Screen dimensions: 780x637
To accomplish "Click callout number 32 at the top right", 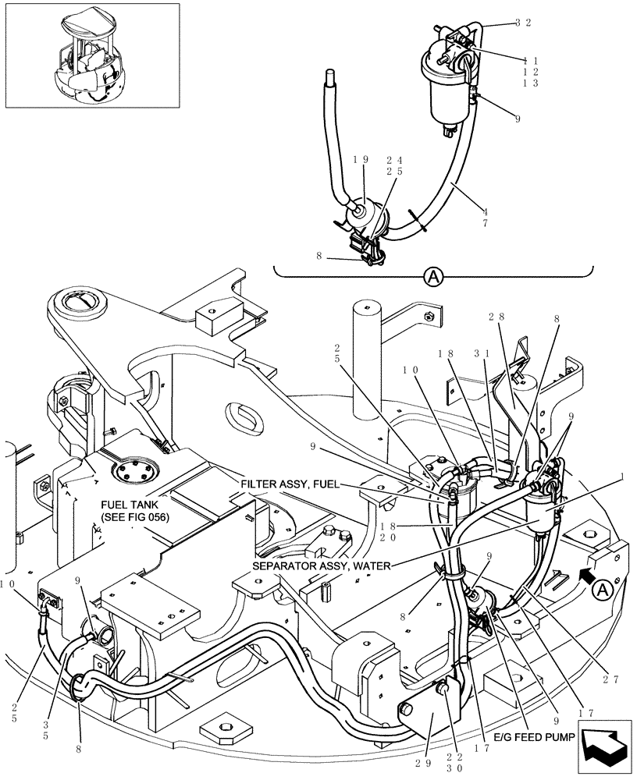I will pyautogui.click(x=523, y=23).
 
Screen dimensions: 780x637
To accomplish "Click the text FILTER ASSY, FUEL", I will pyautogui.click(x=290, y=484).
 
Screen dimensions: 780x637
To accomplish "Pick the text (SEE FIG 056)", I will pyautogui.click(x=134, y=519).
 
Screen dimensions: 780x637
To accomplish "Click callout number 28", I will pyautogui.click(x=496, y=317).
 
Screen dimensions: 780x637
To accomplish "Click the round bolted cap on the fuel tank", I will pyautogui.click(x=129, y=473).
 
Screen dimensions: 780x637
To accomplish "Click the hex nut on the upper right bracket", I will pyautogui.click(x=429, y=317).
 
